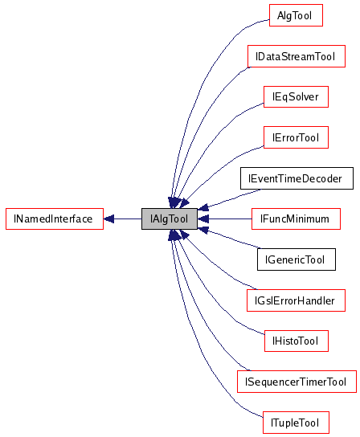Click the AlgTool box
[295, 15]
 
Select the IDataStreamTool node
[296, 57]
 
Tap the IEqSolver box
[295, 97]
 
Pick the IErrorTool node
[295, 137]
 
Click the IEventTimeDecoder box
[296, 178]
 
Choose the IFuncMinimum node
[295, 218]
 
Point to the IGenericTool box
[295, 259]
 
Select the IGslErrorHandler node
[296, 300]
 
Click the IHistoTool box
[295, 341]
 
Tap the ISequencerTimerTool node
[296, 382]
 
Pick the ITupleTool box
[295, 422]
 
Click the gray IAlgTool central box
[169, 218]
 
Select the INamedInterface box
[55, 218]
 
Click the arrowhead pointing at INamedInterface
[109, 218]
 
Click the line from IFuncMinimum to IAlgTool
[229, 218]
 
